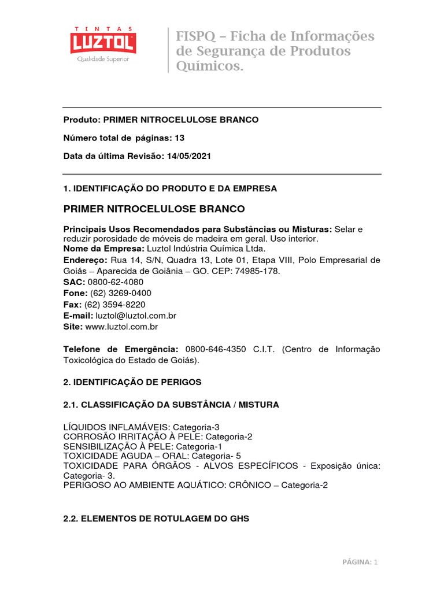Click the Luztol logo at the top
(x=103, y=44)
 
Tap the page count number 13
(x=180, y=138)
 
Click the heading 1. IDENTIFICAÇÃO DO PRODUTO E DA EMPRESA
(x=170, y=188)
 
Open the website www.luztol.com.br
(x=121, y=327)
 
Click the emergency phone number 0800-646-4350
(x=216, y=349)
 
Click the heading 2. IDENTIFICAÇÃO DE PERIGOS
(x=132, y=382)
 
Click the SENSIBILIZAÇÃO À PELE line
(x=143, y=447)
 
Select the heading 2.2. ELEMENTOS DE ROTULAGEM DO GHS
(x=156, y=519)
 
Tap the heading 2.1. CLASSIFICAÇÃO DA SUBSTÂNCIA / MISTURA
(x=171, y=405)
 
